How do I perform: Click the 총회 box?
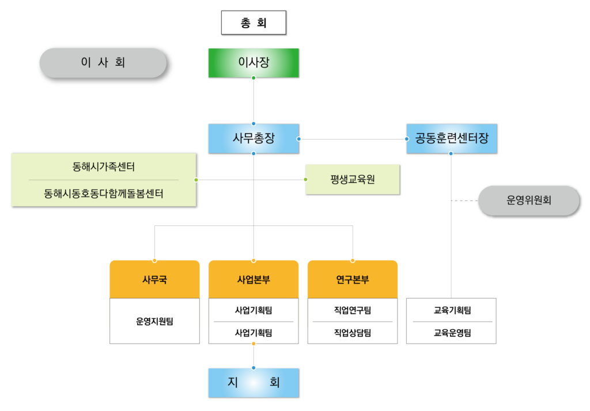click(x=254, y=24)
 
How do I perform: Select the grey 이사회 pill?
click(x=103, y=63)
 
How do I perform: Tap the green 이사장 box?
click(x=254, y=63)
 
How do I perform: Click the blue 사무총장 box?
click(x=254, y=138)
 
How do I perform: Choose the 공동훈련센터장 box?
click(x=451, y=138)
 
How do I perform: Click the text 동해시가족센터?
click(x=104, y=167)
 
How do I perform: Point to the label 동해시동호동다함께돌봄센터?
click(x=104, y=194)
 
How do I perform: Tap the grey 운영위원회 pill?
click(x=529, y=201)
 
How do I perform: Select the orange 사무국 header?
click(x=154, y=280)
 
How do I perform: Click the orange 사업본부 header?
click(x=254, y=280)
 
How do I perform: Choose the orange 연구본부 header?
click(x=353, y=280)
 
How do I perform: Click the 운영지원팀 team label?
click(x=154, y=321)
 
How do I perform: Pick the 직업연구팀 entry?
click(x=353, y=310)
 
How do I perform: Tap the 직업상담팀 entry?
click(x=353, y=333)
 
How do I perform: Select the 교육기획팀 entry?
click(x=452, y=310)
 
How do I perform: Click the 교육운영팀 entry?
click(x=452, y=333)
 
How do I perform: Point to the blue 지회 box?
click(x=254, y=383)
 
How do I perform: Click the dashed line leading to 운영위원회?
click(x=464, y=201)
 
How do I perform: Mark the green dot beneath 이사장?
click(x=254, y=77)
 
